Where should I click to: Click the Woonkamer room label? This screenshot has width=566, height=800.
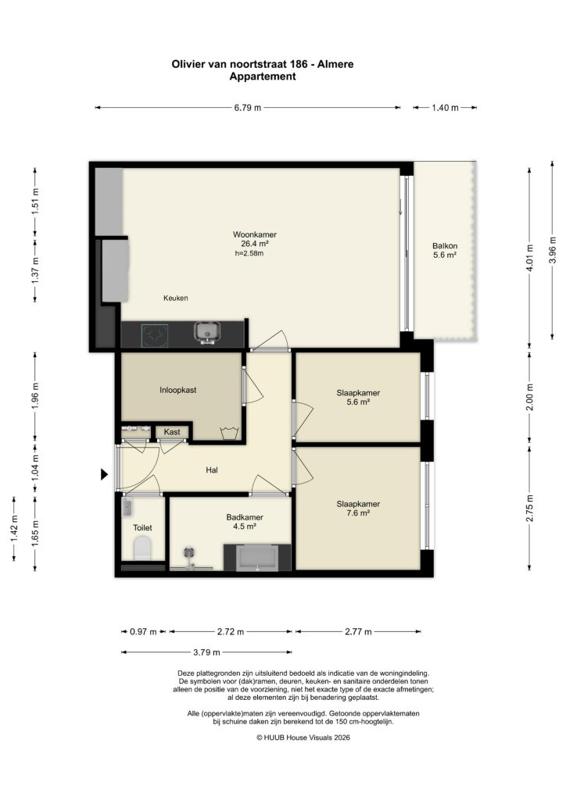[x=254, y=234]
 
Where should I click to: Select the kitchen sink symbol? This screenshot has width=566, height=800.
[x=206, y=334]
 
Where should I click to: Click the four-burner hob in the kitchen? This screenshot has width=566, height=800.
[x=155, y=335]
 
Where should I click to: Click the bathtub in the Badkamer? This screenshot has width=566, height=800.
[x=258, y=559]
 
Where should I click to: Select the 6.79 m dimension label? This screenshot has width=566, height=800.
[x=248, y=108]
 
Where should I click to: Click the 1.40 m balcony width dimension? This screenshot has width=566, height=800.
[x=444, y=108]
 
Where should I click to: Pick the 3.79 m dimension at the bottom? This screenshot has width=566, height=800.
[x=208, y=652]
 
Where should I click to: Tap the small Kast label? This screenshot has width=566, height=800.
[x=171, y=432]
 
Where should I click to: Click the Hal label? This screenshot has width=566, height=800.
[x=211, y=470]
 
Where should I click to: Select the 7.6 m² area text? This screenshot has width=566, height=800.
[x=358, y=514]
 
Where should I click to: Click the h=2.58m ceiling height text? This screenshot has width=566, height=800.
[x=249, y=253]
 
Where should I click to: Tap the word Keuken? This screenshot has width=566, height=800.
[x=176, y=298]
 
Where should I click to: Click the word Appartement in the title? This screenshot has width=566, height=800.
[x=262, y=77]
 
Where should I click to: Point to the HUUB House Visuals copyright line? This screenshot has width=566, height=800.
[x=303, y=737]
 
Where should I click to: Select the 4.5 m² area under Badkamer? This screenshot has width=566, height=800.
[x=244, y=527]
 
